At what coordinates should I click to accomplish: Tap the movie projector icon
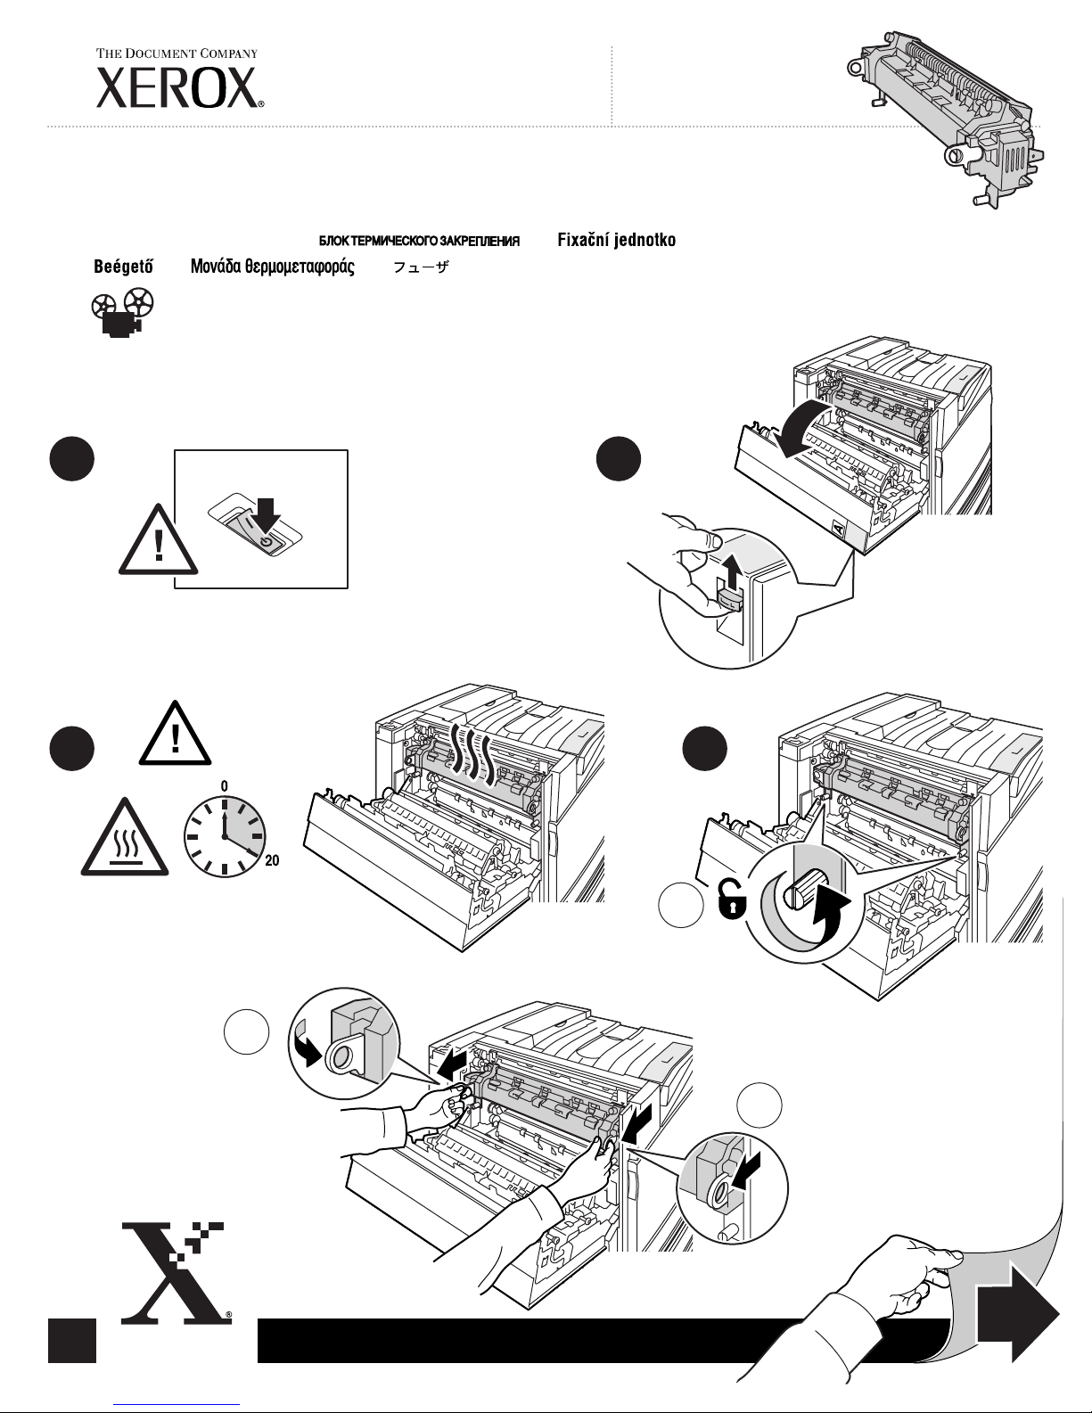point(123,313)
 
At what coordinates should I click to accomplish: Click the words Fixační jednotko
point(616,240)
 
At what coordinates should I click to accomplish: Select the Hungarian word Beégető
point(124,267)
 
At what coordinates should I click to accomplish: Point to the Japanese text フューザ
point(421,267)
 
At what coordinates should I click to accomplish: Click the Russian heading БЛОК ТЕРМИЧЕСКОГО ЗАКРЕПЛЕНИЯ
point(419,242)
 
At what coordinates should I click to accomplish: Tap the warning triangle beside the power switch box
point(158,539)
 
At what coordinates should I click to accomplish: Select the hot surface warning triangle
point(125,837)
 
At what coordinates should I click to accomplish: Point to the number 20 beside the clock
point(273,860)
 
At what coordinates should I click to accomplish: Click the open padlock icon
point(731,900)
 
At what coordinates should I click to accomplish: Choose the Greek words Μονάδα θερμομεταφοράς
point(273,267)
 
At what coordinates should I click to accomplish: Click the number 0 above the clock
point(225,786)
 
